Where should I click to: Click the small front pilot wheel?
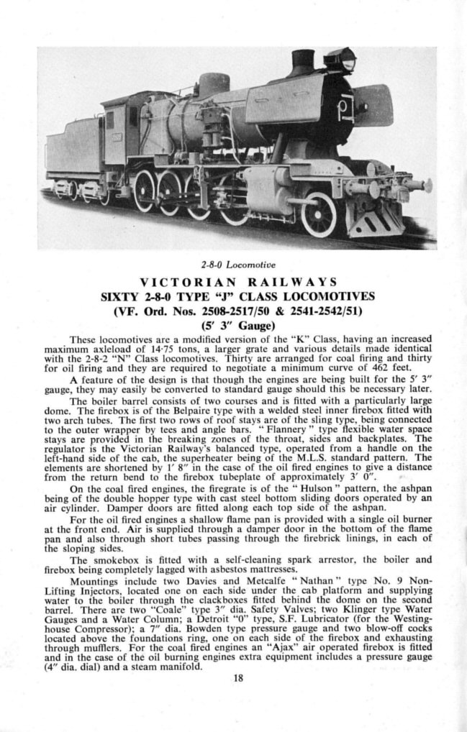pyautogui.click(x=319, y=214)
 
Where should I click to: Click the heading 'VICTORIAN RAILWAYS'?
pyautogui.click(x=233, y=281)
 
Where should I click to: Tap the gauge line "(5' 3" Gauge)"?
pyautogui.click(x=233, y=324)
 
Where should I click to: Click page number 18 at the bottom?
pyautogui.click(x=233, y=675)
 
